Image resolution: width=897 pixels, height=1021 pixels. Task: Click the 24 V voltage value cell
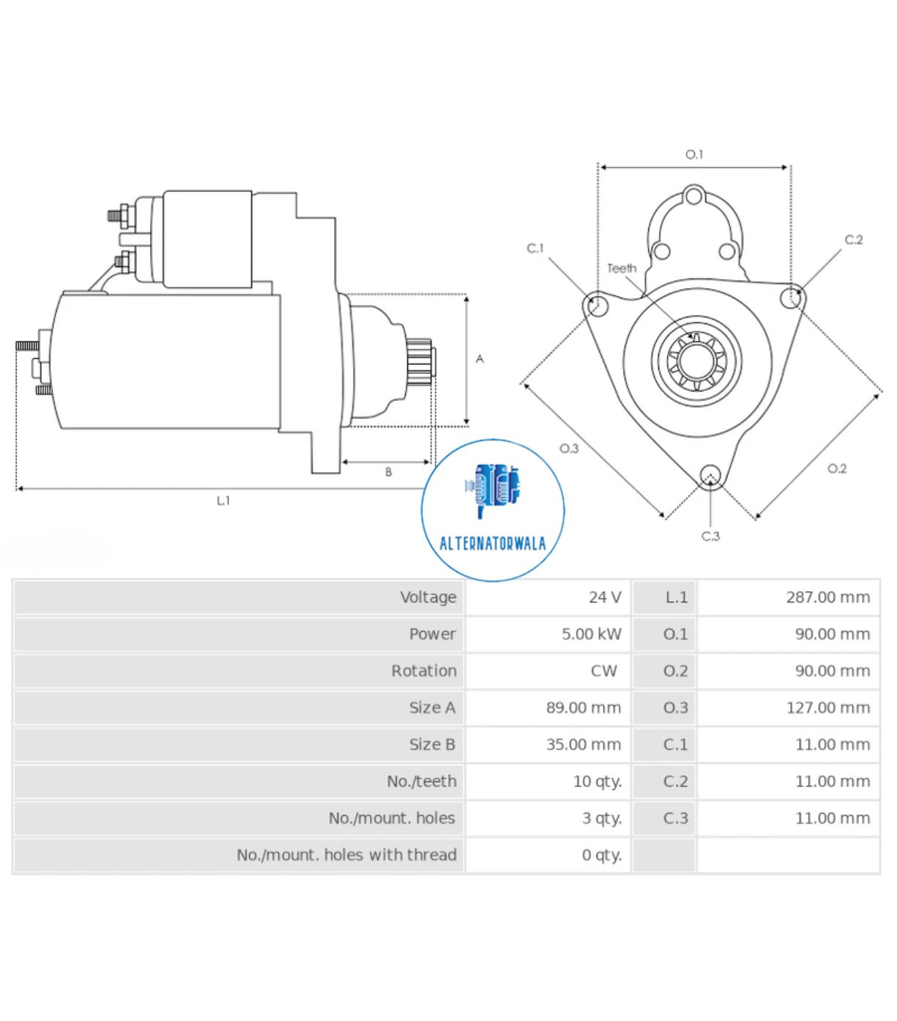[604, 597]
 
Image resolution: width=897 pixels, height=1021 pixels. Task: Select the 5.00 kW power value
[591, 634]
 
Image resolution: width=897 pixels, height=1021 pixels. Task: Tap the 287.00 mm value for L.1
[827, 597]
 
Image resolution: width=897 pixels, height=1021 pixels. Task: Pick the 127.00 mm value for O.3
[827, 708]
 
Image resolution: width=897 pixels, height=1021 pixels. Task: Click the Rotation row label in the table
[423, 671]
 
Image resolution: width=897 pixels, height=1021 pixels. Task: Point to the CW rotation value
[604, 671]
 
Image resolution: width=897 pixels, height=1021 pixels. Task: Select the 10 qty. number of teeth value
[597, 781]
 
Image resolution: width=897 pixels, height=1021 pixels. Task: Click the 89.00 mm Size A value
[583, 708]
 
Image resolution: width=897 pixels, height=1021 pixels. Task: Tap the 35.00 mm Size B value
[583, 745]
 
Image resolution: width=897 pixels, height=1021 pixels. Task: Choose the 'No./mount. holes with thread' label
[346, 855]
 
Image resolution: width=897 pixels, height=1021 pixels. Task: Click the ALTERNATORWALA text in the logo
[492, 544]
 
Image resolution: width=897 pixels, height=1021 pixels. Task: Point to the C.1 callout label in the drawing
[535, 248]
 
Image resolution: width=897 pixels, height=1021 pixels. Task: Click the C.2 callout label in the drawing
[853, 240]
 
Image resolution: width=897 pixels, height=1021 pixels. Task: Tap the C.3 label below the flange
[710, 537]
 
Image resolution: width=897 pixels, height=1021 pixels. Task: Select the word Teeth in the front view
[622, 268]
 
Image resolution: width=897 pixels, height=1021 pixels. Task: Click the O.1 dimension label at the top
[693, 155]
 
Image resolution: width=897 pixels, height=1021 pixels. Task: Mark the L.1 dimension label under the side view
[223, 501]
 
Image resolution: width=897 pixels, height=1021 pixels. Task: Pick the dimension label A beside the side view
[480, 359]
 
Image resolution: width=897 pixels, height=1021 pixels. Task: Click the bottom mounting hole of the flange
[710, 476]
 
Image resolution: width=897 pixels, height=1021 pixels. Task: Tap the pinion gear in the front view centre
[696, 361]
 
